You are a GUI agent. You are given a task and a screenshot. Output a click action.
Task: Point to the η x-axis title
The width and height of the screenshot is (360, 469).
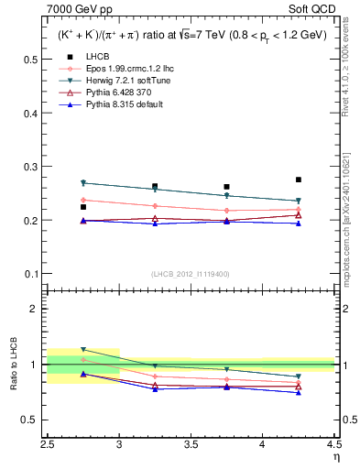click(x=335, y=457)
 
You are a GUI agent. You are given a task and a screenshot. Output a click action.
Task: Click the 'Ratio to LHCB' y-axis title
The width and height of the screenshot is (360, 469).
click(x=12, y=365)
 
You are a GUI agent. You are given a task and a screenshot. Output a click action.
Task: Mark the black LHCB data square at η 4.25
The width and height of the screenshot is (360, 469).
click(x=298, y=180)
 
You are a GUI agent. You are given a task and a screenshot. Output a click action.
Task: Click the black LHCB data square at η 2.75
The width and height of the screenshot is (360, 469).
click(x=83, y=207)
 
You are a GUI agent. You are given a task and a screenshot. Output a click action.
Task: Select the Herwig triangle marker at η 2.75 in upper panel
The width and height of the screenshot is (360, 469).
click(x=83, y=183)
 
